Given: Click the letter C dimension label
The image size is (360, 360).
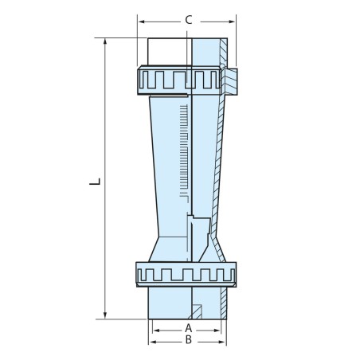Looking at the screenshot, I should [188, 19].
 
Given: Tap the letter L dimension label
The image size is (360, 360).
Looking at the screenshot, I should [95, 182].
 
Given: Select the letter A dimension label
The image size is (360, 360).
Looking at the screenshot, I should [189, 327].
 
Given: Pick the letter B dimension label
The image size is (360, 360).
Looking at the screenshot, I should [189, 340].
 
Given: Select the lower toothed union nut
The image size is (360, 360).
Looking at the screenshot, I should [187, 274].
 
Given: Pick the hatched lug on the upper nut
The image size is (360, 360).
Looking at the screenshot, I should [232, 78].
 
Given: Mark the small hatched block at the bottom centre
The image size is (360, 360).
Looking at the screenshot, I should [195, 310].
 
